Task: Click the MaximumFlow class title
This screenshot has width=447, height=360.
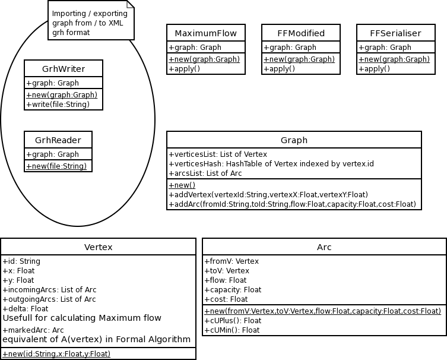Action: point(205,33)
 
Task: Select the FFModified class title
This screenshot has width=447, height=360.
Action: point(301,33)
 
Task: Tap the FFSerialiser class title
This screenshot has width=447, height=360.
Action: point(395,33)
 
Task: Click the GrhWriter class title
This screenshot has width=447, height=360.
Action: point(64,69)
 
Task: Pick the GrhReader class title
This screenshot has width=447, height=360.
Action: point(58,140)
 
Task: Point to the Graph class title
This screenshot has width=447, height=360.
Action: point(294,140)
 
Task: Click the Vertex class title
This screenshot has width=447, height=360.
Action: point(98,247)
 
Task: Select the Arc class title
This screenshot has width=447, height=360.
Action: point(324,247)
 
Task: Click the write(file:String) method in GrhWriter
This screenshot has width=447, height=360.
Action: point(58,105)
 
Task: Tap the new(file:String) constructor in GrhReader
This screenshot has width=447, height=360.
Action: point(56,166)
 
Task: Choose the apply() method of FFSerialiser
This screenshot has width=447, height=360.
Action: point(374,69)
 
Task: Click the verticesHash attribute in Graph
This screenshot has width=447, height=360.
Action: point(271,164)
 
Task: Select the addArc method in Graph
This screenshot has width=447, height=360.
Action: point(292,204)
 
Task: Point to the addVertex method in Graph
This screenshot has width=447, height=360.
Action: point(268,195)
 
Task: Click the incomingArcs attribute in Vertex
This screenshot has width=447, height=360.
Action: point(50,290)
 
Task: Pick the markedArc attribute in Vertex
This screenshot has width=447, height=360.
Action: point(33,330)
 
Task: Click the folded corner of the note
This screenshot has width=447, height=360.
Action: point(130,4)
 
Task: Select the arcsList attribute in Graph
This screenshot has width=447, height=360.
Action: point(205,173)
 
